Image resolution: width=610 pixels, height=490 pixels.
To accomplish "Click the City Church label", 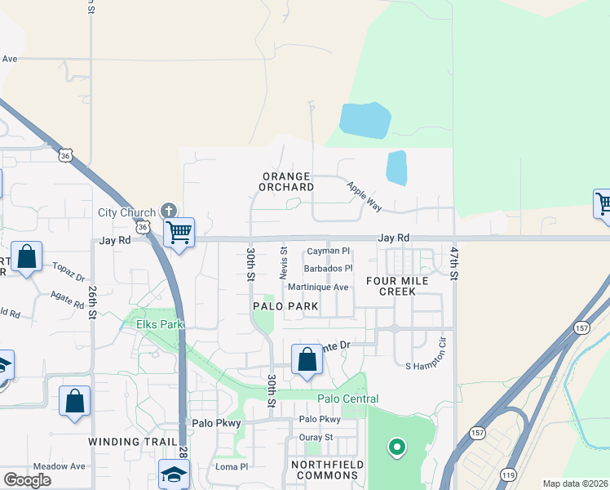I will (x=126, y=212).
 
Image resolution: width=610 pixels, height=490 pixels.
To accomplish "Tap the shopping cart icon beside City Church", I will (x=179, y=232).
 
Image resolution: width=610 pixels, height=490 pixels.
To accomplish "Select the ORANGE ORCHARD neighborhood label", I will (x=287, y=181).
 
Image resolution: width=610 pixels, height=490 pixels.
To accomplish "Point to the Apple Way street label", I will (x=365, y=197).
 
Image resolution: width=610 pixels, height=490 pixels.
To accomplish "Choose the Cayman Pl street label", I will (x=328, y=252).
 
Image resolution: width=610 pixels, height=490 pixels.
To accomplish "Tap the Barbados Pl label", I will (x=328, y=268).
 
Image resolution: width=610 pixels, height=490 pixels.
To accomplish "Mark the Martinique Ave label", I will (x=318, y=287).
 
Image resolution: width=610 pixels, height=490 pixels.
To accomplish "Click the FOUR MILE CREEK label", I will (x=397, y=286).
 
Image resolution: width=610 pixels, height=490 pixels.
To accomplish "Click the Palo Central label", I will (x=347, y=399).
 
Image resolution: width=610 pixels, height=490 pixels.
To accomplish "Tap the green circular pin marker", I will (x=396, y=447).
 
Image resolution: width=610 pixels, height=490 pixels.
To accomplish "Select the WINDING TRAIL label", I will (x=126, y=441).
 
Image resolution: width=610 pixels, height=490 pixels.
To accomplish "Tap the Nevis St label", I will (x=284, y=264).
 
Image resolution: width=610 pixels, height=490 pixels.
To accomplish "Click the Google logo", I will (x=27, y=480).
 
